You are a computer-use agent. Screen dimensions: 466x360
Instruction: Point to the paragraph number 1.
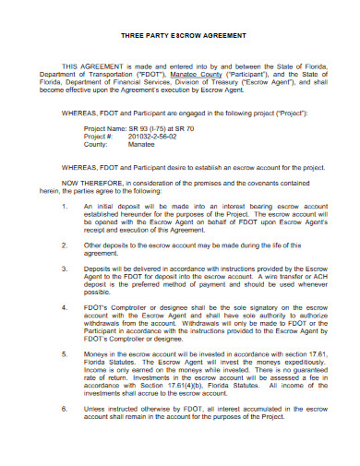62,206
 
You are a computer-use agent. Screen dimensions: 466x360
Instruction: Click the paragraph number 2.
62,246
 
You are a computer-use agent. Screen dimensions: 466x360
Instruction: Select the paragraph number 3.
62,269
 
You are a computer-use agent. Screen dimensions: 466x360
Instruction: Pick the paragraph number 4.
62,305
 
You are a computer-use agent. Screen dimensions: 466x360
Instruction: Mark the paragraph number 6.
62,406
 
